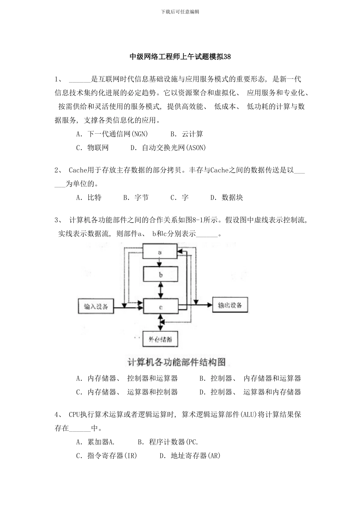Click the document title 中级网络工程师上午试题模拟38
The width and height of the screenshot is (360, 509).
(x=180, y=57)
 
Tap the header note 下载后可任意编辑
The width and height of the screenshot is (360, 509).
(x=180, y=12)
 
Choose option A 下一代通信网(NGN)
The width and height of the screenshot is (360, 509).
(x=112, y=134)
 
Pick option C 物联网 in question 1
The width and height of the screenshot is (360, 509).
(x=93, y=147)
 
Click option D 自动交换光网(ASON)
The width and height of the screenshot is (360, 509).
(x=168, y=147)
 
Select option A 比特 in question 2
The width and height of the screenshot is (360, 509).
(x=89, y=197)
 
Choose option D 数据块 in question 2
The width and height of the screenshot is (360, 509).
(x=227, y=197)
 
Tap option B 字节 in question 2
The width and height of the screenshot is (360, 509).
(x=136, y=197)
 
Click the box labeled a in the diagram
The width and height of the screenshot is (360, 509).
(x=160, y=252)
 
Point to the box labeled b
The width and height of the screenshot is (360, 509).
(x=160, y=275)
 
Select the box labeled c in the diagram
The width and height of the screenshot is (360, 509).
(x=160, y=307)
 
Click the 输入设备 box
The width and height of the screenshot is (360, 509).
(x=96, y=306)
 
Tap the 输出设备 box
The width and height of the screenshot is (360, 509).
(x=230, y=305)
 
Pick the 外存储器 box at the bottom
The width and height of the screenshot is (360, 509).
(x=160, y=339)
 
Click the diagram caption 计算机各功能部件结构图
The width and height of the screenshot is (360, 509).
(x=177, y=362)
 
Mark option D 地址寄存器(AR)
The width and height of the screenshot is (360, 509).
(x=190, y=456)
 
